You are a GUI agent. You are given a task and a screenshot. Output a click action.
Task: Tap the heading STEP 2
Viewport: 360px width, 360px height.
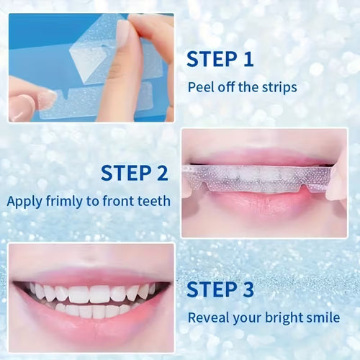click(x=134, y=173)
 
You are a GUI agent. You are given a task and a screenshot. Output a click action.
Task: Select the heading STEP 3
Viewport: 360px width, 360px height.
click(x=220, y=289)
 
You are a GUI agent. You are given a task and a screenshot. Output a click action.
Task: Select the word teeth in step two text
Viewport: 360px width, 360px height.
click(x=153, y=201)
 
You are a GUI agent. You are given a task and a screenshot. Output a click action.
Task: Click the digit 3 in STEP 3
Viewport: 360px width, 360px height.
click(x=246, y=289)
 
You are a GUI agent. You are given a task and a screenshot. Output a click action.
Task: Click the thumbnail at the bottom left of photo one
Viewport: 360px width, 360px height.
click(x=29, y=104)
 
